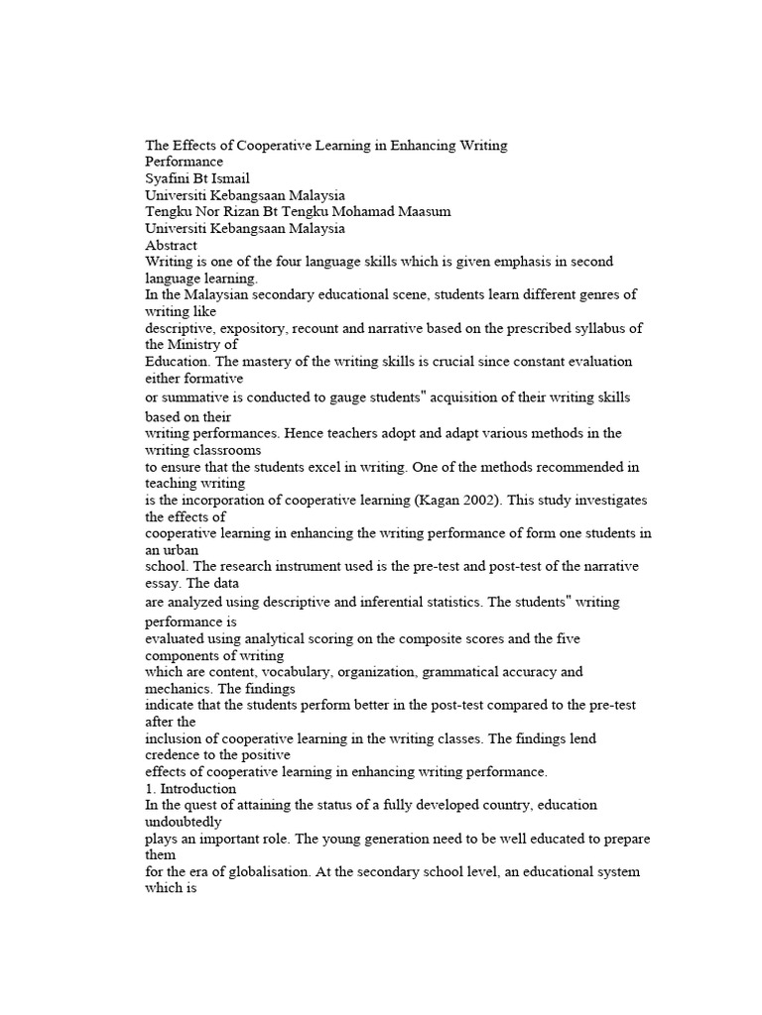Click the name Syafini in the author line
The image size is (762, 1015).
coord(168,178)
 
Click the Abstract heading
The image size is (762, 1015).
coord(171,246)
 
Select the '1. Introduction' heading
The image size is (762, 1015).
coord(190,789)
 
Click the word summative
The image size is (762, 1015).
coord(195,396)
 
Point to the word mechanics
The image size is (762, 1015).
coord(178,688)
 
